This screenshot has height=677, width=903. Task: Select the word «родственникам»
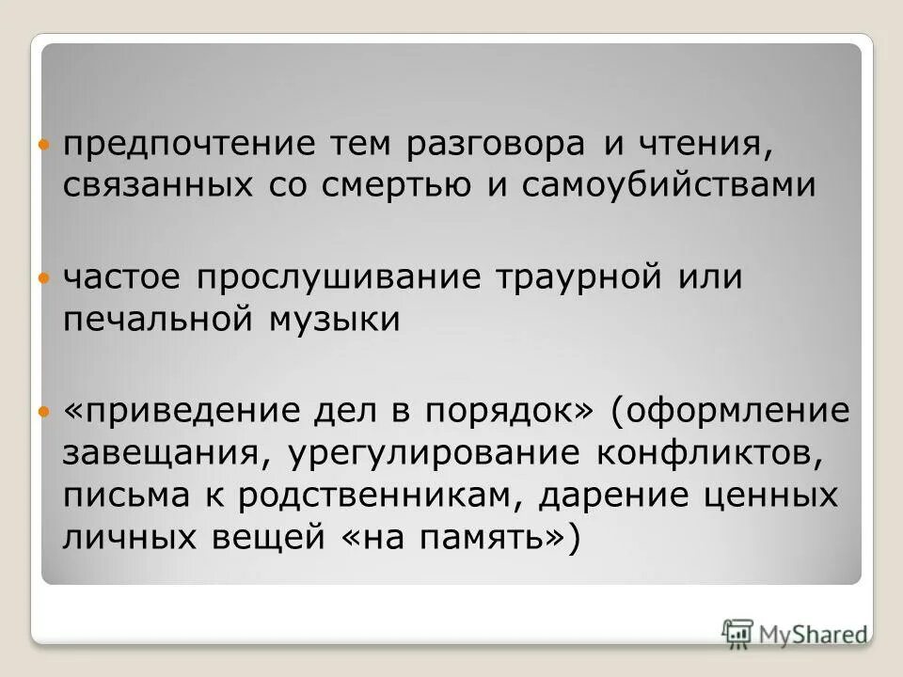click(376, 496)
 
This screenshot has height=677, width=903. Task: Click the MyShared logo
click(795, 632)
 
